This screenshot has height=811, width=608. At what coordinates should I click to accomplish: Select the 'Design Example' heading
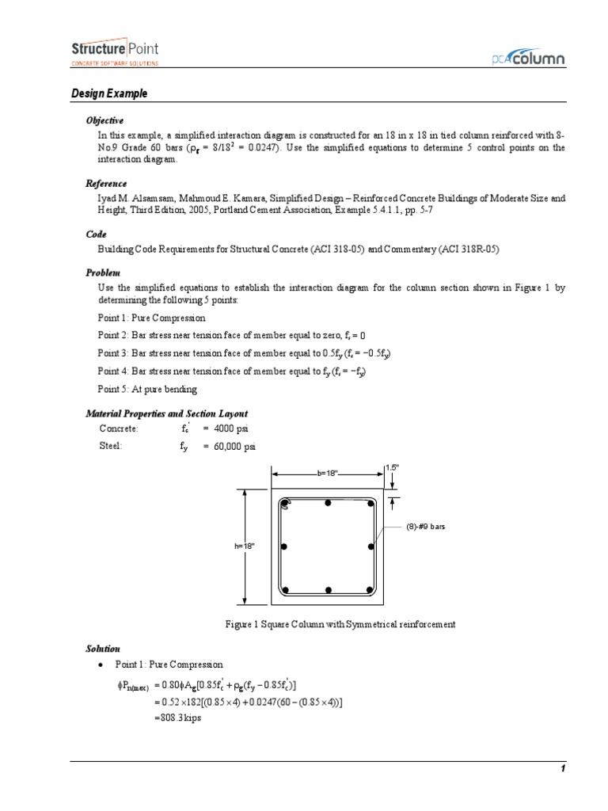[x=109, y=94]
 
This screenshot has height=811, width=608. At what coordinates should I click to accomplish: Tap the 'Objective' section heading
[x=104, y=120]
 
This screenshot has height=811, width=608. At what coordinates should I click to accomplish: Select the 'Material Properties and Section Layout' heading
[x=166, y=413]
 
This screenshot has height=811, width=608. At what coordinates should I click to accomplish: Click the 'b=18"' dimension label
[x=328, y=473]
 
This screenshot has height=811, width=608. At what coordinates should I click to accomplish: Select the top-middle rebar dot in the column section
[x=328, y=504]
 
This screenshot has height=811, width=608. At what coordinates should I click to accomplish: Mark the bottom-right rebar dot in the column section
[x=370, y=589]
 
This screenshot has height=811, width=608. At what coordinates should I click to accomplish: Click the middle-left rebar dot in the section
[x=284, y=546]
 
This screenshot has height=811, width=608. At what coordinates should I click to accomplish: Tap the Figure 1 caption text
[x=340, y=624]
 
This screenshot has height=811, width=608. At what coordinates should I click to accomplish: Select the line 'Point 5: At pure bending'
[x=148, y=390]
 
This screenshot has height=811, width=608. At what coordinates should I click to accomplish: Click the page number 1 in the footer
[x=562, y=769]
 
